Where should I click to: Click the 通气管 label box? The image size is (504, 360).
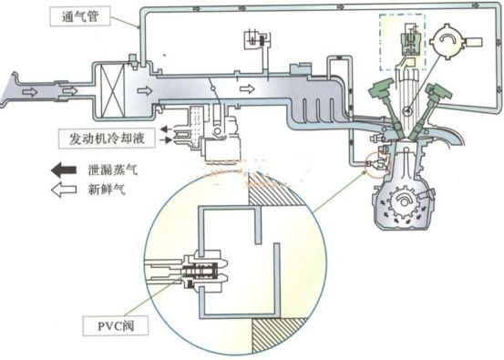tap(80, 16)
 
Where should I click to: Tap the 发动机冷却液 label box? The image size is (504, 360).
tap(107, 139)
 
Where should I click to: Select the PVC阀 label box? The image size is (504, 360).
tap(116, 326)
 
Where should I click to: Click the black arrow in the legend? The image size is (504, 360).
tap(64, 170)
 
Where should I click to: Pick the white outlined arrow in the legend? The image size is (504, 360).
tap(64, 190)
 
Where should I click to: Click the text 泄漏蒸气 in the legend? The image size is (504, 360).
tap(113, 170)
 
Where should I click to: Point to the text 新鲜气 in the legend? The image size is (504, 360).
tap(107, 190)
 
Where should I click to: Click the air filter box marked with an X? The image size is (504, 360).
tap(112, 90)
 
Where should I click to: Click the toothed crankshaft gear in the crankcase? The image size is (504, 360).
tap(403, 201)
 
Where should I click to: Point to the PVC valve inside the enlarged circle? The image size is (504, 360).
tap(201, 272)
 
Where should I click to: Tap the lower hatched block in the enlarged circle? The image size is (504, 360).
tap(279, 334)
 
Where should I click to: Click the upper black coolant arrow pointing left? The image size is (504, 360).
tap(166, 129)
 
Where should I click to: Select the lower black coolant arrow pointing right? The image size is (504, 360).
tap(166, 140)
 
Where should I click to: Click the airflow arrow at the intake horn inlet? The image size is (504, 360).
tap(30, 92)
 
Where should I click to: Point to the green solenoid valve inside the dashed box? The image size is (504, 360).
tap(410, 43)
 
